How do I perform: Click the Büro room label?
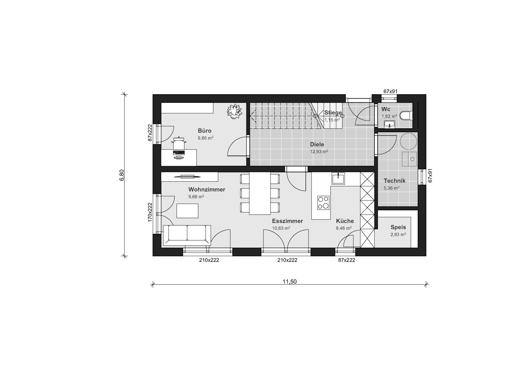(x=204, y=131)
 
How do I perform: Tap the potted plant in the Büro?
(x=234, y=112)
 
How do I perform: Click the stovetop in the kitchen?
(x=323, y=203)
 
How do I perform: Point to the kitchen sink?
(x=338, y=178)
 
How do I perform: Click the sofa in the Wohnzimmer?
(x=187, y=235)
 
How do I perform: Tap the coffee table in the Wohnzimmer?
(x=187, y=211)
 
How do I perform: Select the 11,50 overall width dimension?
(x=290, y=282)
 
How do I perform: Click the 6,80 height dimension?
(x=122, y=175)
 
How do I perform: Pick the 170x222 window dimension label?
(x=150, y=212)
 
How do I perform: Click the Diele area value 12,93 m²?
(x=319, y=151)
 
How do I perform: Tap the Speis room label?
(x=398, y=227)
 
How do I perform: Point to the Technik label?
(x=395, y=181)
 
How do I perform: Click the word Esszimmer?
(x=287, y=221)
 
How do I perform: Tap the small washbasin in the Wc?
(x=390, y=124)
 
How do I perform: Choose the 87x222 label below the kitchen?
(x=347, y=260)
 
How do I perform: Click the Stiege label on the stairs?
(x=333, y=113)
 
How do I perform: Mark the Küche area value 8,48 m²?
(x=344, y=228)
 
